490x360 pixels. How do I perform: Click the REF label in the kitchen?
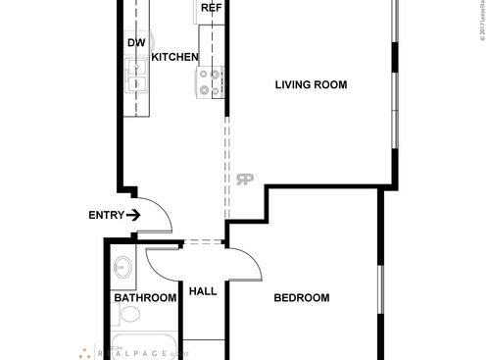pyautogui.click(x=210, y=8)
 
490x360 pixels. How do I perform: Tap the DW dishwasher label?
pyautogui.click(x=136, y=43)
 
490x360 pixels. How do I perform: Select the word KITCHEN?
pyautogui.click(x=175, y=57)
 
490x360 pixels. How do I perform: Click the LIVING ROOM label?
pyautogui.click(x=311, y=84)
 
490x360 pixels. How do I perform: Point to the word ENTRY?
pyautogui.click(x=106, y=215)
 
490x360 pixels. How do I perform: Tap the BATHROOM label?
pyautogui.click(x=145, y=297)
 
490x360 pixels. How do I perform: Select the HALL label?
pyautogui.click(x=202, y=291)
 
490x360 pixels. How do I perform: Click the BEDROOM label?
pyautogui.click(x=301, y=298)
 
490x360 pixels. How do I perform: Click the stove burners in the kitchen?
pyautogui.click(x=211, y=82)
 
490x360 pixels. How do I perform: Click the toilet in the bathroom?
pyautogui.click(x=128, y=315)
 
